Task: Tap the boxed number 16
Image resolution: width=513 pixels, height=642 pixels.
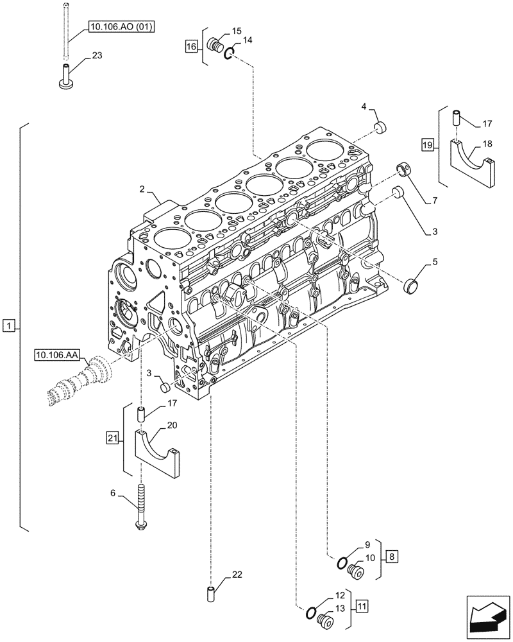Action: [x=191, y=46]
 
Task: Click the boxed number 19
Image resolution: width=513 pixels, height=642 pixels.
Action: [x=427, y=145]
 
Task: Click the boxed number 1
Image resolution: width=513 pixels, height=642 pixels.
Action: [x=8, y=327]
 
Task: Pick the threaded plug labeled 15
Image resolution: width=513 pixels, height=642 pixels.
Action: [x=216, y=46]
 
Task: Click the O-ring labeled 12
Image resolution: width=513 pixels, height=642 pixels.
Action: [x=310, y=614]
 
